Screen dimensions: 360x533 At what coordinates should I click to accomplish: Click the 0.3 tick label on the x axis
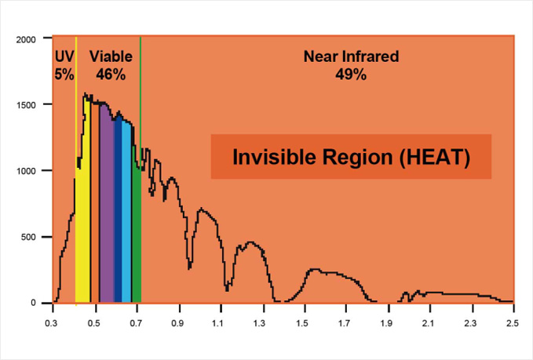point(53,322)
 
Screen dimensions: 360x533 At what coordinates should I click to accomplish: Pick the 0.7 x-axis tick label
point(137,322)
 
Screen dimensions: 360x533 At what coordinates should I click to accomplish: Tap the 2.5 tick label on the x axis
point(512,322)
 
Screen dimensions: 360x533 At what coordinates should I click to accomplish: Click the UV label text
point(64,56)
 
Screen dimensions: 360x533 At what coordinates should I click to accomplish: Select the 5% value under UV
point(64,75)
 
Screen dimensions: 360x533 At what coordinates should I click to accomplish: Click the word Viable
point(111,56)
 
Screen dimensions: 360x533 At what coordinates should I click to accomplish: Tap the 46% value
point(111,75)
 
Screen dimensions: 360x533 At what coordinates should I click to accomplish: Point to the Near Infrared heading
point(351,56)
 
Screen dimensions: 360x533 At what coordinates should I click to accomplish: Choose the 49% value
point(350,75)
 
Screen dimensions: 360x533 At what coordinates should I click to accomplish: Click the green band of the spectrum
point(137,235)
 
